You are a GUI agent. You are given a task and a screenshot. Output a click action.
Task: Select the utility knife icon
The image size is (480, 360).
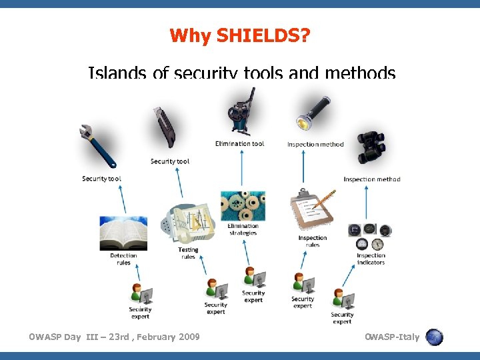tap(163, 127)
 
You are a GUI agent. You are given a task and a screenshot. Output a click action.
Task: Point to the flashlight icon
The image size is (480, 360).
tap(313, 113)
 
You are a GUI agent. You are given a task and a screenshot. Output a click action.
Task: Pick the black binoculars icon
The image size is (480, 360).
tap(371, 147)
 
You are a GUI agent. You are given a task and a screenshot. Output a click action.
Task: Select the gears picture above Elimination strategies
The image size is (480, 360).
tap(243, 206)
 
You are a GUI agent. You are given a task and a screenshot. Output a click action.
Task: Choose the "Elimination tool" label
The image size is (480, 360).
tap(239, 143)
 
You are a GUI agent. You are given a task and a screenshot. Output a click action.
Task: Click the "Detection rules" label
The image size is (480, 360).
tap(123, 259)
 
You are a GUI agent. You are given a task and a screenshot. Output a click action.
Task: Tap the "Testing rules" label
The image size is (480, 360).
tap(188, 253)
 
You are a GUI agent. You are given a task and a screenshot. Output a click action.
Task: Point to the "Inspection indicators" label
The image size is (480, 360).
tap(371, 259)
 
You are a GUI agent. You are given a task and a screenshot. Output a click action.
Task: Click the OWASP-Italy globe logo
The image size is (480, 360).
tap(434, 337)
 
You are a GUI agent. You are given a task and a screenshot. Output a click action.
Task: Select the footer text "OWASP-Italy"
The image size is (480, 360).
tap(392, 337)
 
